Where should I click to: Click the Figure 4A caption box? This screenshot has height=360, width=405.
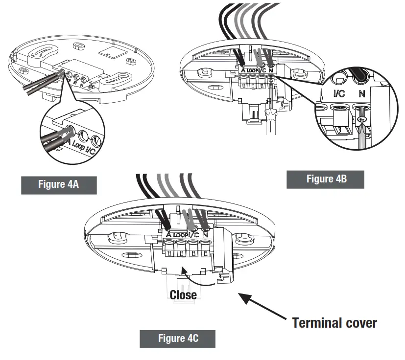click(59, 185)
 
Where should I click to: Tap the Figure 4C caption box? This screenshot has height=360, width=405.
click(177, 338)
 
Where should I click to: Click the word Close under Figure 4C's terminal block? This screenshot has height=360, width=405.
click(183, 294)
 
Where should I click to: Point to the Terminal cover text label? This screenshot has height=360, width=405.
click(334, 322)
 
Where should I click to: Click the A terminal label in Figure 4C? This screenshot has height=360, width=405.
click(168, 235)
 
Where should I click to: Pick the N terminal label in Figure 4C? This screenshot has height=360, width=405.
click(205, 235)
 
